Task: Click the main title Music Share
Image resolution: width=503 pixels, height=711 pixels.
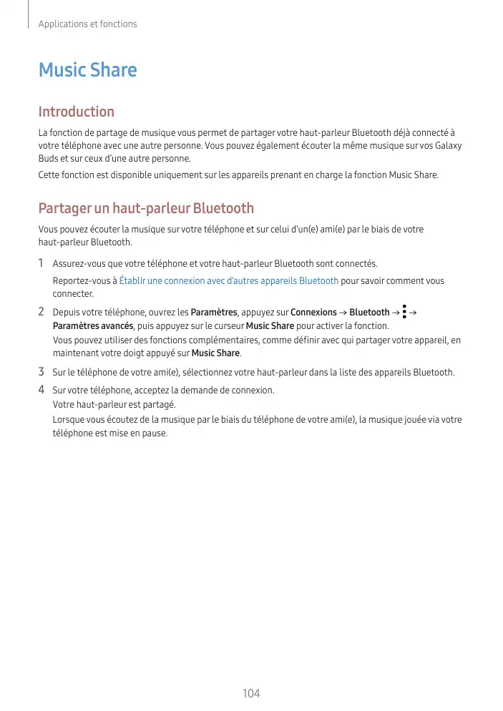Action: [87, 70]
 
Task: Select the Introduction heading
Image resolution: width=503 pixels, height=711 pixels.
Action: [76, 112]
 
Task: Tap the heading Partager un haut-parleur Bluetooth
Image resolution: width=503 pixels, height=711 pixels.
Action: [146, 209]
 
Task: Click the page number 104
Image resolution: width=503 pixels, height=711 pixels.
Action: [251, 693]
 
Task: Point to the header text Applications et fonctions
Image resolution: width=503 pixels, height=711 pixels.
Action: [87, 24]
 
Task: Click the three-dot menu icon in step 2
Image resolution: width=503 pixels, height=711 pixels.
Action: [404, 313]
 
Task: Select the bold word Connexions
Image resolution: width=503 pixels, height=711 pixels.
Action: [313, 313]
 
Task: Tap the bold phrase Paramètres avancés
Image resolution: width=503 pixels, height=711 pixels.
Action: [93, 326]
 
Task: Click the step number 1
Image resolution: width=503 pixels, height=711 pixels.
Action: [41, 264]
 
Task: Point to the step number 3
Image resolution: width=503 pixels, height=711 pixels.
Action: [41, 372]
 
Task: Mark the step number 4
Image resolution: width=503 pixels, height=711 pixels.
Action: [41, 390]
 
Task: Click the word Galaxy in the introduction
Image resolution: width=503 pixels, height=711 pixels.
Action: [447, 146]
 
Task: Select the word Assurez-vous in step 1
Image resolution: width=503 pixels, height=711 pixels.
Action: [78, 265]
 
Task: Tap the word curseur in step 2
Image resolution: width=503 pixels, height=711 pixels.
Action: [229, 326]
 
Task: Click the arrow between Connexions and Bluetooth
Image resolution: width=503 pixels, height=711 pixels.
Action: [343, 313]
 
